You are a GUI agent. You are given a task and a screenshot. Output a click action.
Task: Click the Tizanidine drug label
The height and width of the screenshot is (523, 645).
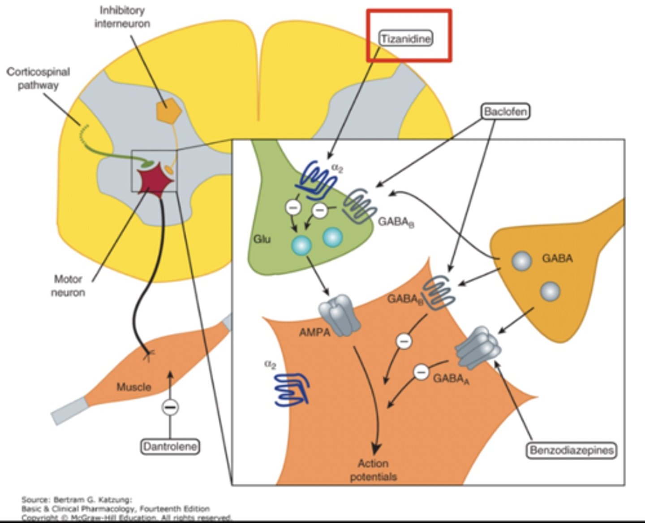pos(406,39)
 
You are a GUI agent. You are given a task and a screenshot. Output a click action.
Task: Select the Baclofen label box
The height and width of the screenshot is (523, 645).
pos(505,111)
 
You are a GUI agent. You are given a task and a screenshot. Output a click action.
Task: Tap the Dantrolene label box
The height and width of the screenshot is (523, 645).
pos(170,446)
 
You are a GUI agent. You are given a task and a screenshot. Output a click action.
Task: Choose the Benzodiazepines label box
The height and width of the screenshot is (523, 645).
pos(571,450)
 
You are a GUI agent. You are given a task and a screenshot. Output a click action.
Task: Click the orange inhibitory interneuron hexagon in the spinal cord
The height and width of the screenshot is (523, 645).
pos(168,109)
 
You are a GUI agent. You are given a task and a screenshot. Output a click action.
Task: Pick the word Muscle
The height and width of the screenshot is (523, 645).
pos(133,387)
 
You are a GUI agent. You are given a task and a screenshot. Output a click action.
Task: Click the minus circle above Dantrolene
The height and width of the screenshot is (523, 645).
pos(170,407)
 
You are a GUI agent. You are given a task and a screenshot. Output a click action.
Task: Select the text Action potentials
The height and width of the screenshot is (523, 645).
pos(373,470)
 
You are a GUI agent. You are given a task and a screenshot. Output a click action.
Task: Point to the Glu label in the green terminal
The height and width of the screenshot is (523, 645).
pos(262,239)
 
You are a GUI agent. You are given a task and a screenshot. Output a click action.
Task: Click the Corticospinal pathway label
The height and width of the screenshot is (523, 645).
pos(38,78)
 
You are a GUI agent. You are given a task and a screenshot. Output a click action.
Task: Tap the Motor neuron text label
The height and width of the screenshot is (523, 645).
pos(68,286)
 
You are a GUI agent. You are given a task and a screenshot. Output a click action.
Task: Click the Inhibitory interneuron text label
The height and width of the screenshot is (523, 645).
pos(122,17)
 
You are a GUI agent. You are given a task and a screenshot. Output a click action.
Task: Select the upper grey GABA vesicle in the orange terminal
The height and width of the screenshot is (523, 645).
pos(522,260)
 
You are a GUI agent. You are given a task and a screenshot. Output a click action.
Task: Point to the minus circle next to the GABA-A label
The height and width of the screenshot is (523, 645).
pos(421,372)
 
